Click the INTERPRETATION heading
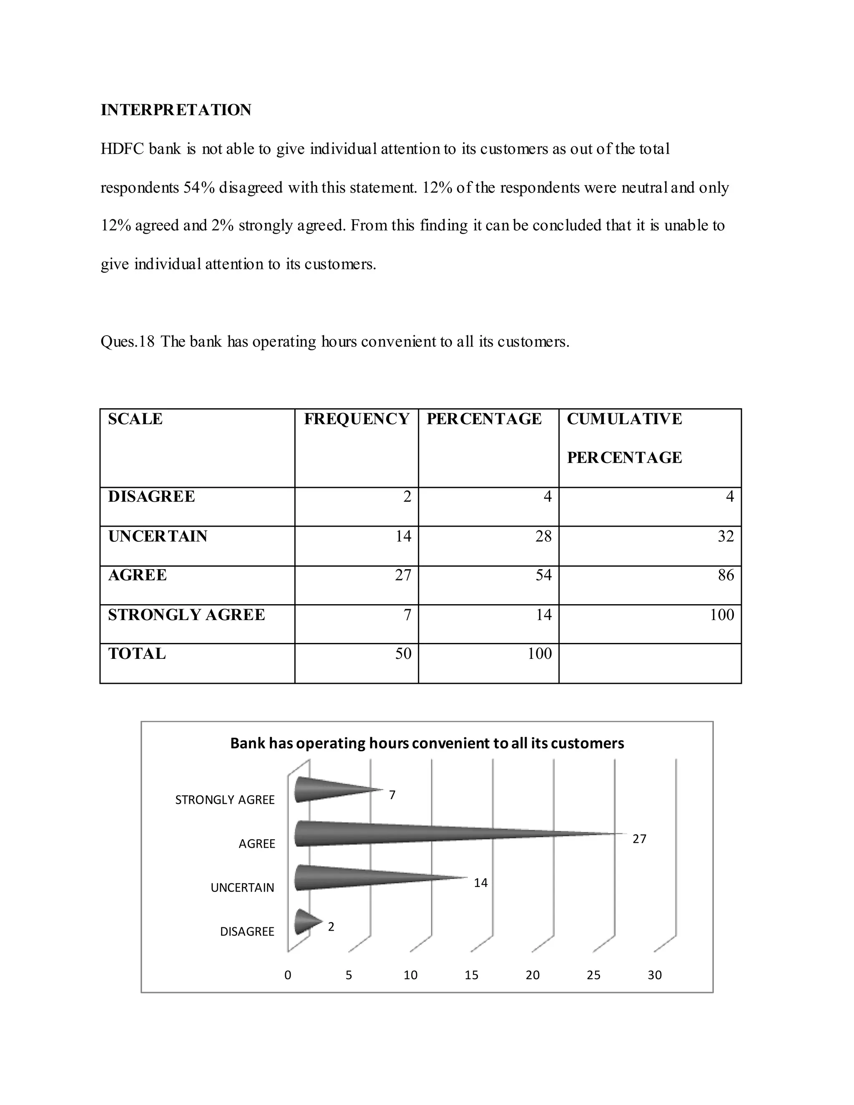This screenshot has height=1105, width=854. (x=176, y=110)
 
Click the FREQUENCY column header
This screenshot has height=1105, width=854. (x=357, y=419)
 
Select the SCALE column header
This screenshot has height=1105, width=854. (x=135, y=419)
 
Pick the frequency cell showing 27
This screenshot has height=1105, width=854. (x=403, y=575)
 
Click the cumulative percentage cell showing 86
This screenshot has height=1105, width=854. (x=726, y=575)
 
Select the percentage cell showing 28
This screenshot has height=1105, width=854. (x=543, y=536)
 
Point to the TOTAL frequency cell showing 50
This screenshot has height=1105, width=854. (x=403, y=654)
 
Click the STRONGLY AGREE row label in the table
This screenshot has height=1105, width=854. (x=186, y=615)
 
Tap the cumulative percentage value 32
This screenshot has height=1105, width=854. (x=726, y=536)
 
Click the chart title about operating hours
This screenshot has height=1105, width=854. (x=427, y=743)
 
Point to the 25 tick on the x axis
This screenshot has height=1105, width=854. (x=593, y=975)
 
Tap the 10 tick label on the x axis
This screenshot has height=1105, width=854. (x=410, y=975)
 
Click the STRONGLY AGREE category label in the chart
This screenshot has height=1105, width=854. (x=225, y=800)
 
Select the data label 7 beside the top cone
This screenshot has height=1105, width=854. (x=392, y=795)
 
